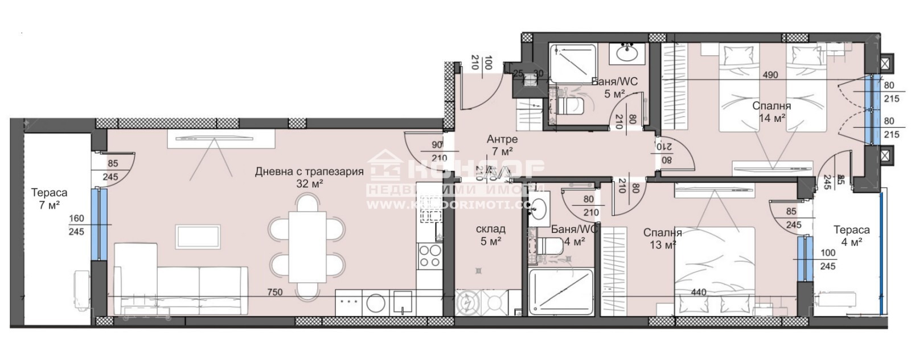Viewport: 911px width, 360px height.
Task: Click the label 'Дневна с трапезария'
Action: tap(309, 171)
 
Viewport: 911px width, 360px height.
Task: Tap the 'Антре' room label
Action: tap(502, 139)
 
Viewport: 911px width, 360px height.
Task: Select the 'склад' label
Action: tap(490, 229)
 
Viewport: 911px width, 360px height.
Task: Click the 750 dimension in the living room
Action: tap(276, 292)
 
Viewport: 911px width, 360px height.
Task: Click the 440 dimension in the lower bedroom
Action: tap(698, 292)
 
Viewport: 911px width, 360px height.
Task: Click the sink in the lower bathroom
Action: tap(539, 210)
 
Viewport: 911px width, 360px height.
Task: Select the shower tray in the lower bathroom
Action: tap(561, 292)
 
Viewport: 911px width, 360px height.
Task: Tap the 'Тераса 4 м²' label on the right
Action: tap(851, 235)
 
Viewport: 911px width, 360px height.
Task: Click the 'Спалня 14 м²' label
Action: tap(772, 112)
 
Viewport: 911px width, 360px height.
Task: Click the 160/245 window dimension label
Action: tap(76, 224)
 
